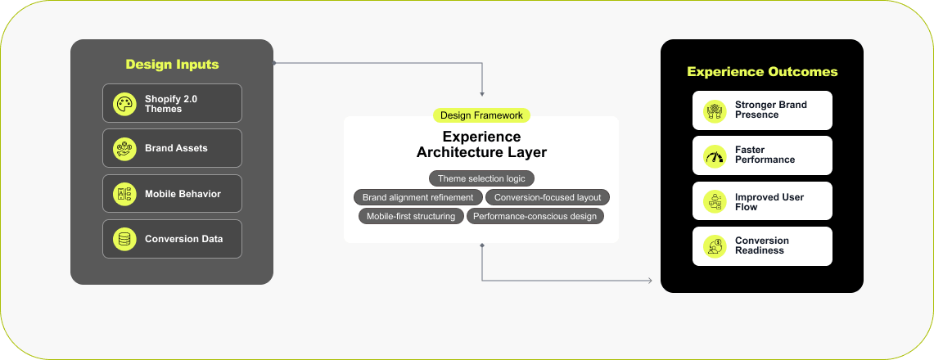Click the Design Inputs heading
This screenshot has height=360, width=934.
click(172, 65)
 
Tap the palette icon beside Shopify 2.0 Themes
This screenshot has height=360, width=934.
click(124, 104)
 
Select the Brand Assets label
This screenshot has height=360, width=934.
click(176, 148)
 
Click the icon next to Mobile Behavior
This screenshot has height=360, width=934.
click(124, 194)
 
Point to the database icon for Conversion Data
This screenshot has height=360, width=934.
click(124, 239)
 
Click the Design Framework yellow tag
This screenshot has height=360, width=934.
click(481, 115)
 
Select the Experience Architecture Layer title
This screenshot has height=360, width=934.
click(481, 145)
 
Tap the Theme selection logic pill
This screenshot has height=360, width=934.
click(481, 178)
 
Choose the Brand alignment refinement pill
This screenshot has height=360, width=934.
click(417, 197)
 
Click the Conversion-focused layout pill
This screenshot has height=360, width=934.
click(548, 197)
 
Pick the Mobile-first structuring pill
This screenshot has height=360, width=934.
click(411, 216)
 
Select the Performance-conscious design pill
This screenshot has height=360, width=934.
click(535, 216)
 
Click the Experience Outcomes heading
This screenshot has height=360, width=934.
click(762, 72)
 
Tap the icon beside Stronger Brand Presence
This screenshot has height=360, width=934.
click(714, 110)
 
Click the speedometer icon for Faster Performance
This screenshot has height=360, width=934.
click(714, 156)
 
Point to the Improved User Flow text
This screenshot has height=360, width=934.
click(769, 202)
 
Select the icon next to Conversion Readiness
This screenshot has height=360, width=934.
click(714, 246)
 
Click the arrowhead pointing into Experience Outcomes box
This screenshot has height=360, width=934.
click(650, 281)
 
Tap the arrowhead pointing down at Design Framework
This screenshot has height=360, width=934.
click(482, 94)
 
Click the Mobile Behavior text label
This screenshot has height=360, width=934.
click(183, 194)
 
